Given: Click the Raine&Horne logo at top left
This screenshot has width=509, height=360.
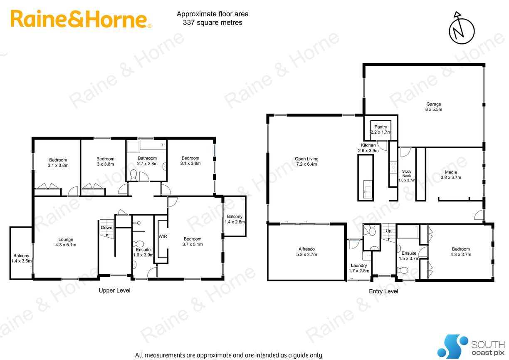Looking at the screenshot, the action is [x=81, y=19].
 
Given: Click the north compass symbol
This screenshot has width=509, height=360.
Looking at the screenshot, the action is [x=461, y=28].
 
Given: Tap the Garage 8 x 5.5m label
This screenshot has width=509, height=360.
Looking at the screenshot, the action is [x=434, y=107].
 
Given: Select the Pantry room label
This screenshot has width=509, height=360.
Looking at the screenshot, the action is [x=381, y=129].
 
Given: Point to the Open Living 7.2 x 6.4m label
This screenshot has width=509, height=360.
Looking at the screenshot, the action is [x=306, y=161].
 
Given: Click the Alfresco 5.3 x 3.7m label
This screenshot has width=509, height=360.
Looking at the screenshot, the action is [x=306, y=252].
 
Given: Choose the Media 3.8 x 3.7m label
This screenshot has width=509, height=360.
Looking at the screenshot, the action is [x=451, y=175].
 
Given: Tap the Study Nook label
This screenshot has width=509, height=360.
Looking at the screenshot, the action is [x=407, y=176].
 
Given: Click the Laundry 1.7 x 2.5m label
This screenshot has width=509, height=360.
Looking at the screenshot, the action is [x=359, y=268].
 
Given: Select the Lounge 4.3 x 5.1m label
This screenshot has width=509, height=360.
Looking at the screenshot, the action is [x=66, y=242].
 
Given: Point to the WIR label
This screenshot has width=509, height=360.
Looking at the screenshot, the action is [x=163, y=236].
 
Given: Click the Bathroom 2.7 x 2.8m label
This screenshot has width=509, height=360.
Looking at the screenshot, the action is [x=147, y=161].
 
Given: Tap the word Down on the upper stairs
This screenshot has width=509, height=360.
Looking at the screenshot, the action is [x=106, y=228].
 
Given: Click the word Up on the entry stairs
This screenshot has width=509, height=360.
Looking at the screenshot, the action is [x=388, y=231].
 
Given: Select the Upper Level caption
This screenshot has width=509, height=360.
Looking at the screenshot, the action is [x=114, y=290].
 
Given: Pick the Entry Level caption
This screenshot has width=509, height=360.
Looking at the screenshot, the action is [x=383, y=291].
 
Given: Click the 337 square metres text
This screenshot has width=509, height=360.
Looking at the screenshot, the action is [x=212, y=22].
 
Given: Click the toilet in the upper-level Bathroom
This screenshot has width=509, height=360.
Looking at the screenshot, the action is [x=133, y=175].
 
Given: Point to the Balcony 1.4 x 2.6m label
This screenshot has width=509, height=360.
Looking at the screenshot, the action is [x=235, y=219].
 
